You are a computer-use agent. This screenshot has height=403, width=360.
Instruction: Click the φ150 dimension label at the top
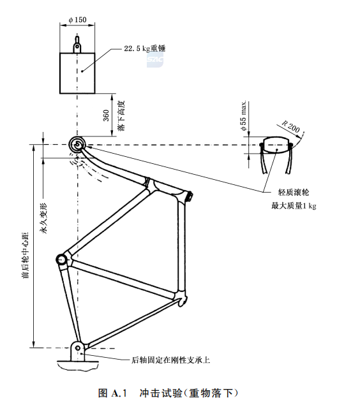pos(78,19)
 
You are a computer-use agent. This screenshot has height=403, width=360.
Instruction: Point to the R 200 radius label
pos(291,128)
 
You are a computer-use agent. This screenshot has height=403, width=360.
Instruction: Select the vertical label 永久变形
pos(44,221)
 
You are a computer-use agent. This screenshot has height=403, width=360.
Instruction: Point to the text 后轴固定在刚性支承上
pos(170,360)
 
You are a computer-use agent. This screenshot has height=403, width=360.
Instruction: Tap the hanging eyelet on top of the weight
pos(77,45)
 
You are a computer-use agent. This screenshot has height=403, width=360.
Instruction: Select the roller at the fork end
pos(78,145)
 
